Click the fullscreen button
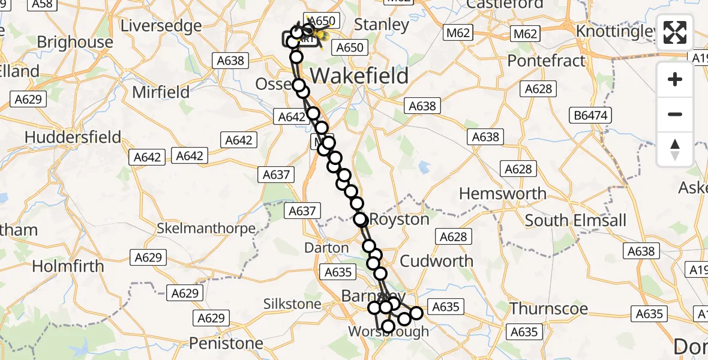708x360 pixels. point(675,32)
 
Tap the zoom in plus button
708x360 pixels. point(675,80)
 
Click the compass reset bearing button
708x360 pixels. point(675,149)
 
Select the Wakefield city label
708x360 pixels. point(359,76)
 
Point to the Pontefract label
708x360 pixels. point(546,61)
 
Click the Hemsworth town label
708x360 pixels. point(502,194)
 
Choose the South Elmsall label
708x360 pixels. point(575,220)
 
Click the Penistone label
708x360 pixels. point(226,343)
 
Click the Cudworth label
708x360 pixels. point(436,261)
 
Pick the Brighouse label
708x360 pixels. point(74,42)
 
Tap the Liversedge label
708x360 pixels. point(161,26)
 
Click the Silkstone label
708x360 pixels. point(292,304)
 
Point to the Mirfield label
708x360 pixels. point(160,92)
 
